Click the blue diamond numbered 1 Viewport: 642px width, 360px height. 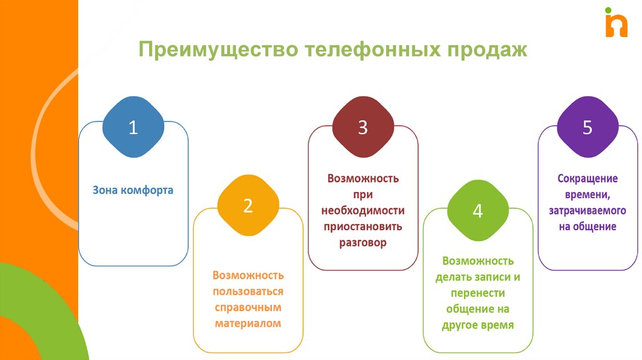tap(133, 127)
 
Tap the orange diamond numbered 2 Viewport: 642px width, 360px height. tap(248, 206)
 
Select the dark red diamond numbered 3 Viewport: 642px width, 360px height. tap(362, 127)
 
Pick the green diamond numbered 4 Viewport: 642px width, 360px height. tap(477, 211)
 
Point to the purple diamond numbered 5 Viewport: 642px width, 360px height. tap(587, 127)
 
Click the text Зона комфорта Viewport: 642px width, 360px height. tap(133, 190)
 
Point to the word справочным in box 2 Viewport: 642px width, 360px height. tap(248, 308)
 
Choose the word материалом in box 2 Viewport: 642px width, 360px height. tap(248, 324)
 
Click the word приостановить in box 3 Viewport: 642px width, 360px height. tap(363, 226)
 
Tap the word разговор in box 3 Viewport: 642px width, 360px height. tap(363, 243)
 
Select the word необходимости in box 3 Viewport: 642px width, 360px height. tap(363, 210)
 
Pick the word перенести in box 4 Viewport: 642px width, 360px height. tap(478, 293)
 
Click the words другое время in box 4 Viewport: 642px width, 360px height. tap(478, 326)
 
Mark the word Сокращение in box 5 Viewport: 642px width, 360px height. tap(587, 178)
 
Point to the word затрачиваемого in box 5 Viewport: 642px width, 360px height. tap(587, 211)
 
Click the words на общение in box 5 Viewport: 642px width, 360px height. tap(587, 226)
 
